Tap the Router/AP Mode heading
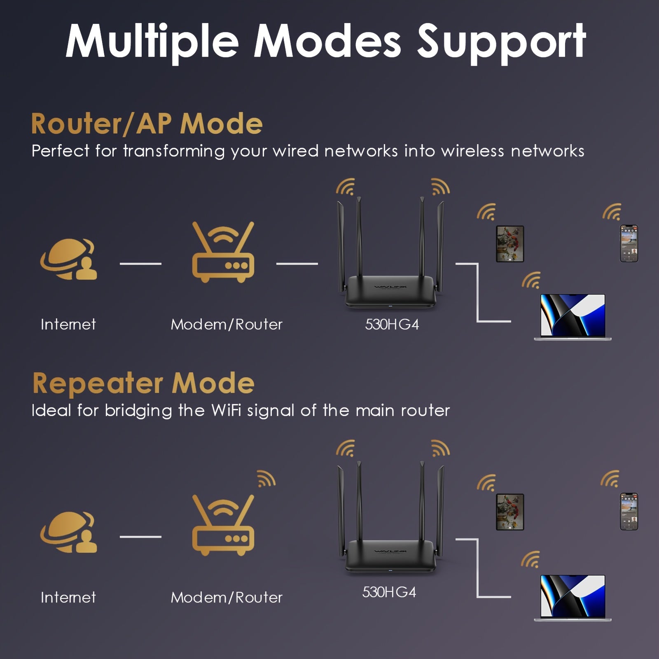(x=147, y=124)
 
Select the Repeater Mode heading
(x=143, y=383)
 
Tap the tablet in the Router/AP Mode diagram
(x=509, y=244)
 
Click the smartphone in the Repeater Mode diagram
(x=629, y=512)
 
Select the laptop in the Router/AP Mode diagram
(x=573, y=316)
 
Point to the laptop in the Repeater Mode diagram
(x=573, y=598)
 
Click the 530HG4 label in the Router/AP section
(x=392, y=325)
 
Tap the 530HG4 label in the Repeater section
(x=389, y=592)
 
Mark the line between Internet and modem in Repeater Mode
(x=140, y=537)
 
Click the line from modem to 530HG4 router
(x=297, y=264)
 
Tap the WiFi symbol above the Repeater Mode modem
(x=266, y=479)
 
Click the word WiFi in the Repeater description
(x=226, y=410)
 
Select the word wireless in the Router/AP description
(x=472, y=151)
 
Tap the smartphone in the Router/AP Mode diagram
(x=629, y=243)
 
